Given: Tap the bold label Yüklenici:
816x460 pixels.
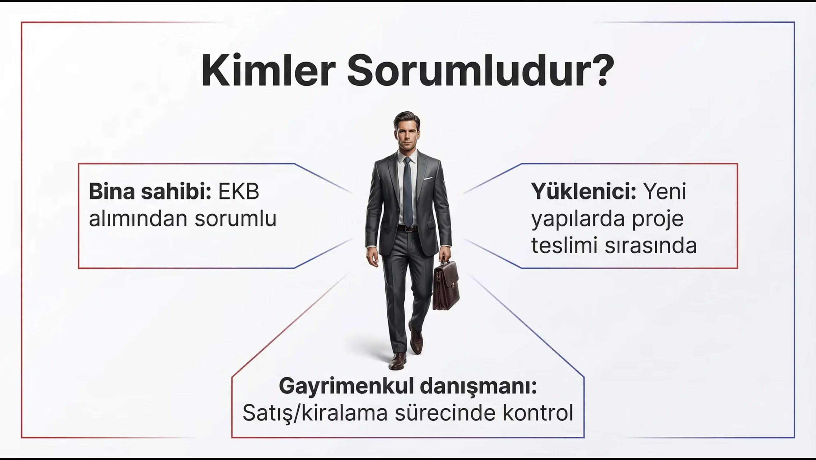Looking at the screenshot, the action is pyautogui.click(x=583, y=192).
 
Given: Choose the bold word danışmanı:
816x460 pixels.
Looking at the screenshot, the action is pyautogui.click(x=478, y=387).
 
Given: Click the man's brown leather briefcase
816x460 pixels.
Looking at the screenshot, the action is pyautogui.click(x=446, y=283).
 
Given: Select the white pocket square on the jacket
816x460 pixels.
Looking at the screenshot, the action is pyautogui.click(x=428, y=178).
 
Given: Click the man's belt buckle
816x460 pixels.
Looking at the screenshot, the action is pyautogui.click(x=408, y=228).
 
